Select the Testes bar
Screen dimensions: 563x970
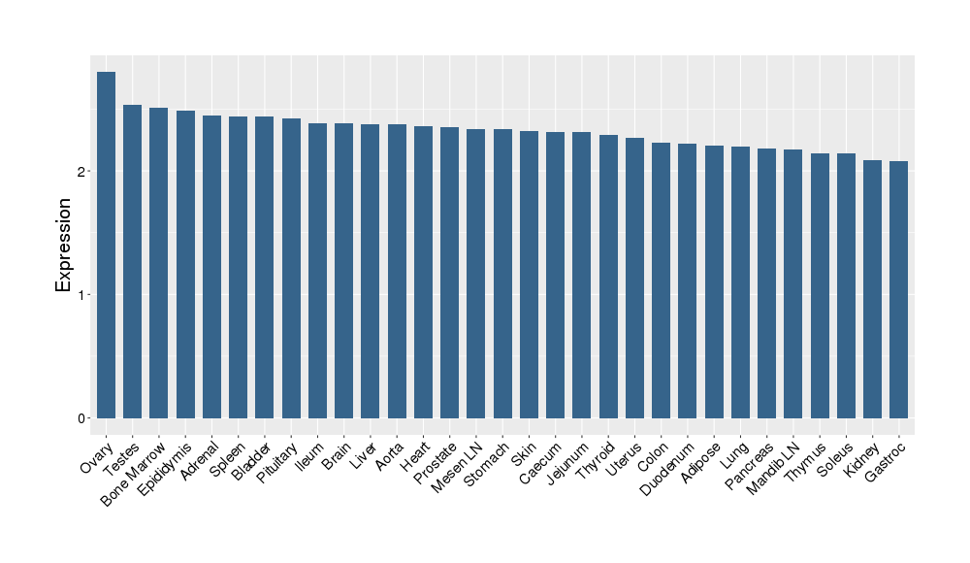pyautogui.click(x=133, y=261)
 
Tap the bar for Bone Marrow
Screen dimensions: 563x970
pyautogui.click(x=159, y=263)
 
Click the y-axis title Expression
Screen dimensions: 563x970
pyautogui.click(x=64, y=245)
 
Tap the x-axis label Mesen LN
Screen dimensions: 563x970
pyautogui.click(x=457, y=465)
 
